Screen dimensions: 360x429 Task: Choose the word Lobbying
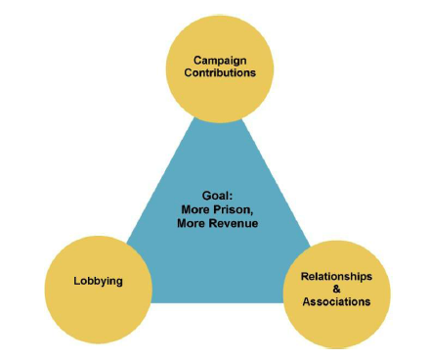coord(98,282)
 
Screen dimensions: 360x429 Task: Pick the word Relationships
coord(335,277)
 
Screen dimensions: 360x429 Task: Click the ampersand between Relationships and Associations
coord(335,290)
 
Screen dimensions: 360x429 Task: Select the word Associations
coord(335,302)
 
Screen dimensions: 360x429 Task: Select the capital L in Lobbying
coord(77,282)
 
